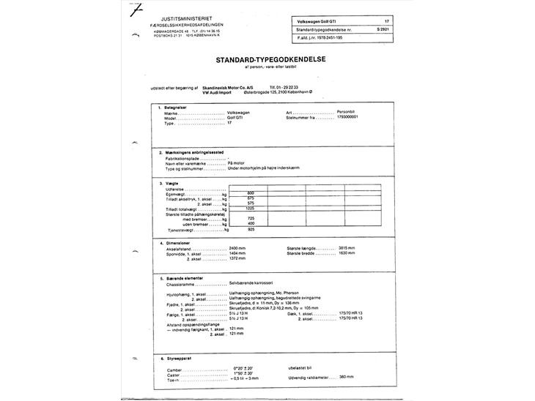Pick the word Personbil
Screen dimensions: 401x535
[347, 112]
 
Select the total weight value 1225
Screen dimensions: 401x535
[251, 209]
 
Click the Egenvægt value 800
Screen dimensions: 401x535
[251, 193]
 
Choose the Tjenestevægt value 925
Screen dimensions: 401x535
[251, 229]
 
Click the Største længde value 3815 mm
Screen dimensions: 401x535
[347, 248]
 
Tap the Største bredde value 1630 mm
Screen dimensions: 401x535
[347, 253]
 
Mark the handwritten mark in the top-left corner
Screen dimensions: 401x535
[134, 10]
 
